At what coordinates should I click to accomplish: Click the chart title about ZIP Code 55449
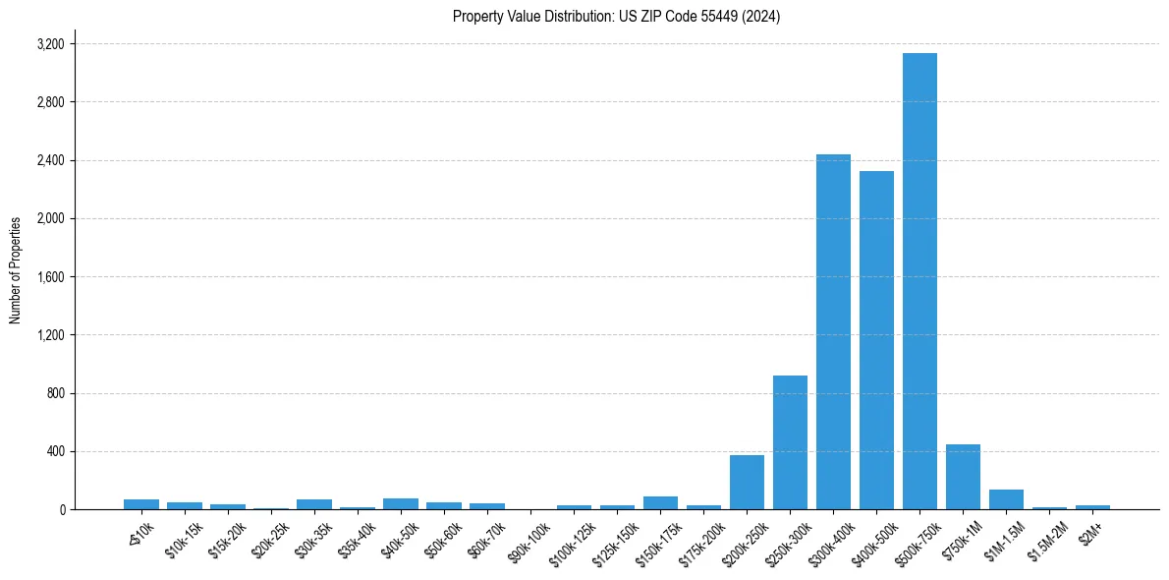pos(616,17)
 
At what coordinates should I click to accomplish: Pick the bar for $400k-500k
pos(876,340)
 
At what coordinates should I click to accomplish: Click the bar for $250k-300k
pos(790,442)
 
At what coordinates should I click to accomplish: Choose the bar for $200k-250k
pos(747,483)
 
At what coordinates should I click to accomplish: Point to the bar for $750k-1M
pos(963,477)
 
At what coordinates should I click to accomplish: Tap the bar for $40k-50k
pos(401,504)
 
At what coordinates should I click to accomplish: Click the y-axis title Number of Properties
pos(16,270)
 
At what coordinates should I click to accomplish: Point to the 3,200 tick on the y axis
pos(50,44)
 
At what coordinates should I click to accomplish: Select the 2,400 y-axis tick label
pos(50,160)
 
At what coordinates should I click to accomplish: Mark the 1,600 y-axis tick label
pos(50,277)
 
